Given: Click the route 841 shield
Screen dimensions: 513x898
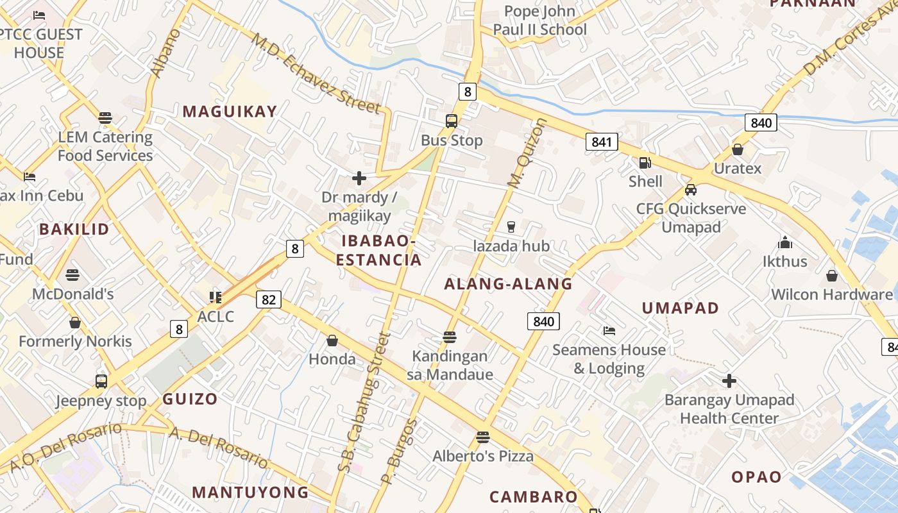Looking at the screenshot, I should [602, 142].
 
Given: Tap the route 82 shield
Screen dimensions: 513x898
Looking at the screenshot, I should [269, 299].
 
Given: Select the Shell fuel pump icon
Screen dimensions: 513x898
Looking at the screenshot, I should [645, 163].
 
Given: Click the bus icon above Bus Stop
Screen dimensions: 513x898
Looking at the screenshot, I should [452, 121].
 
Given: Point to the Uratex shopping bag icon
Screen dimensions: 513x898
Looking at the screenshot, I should [738, 149].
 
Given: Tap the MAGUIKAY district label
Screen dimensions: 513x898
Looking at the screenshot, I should [230, 112].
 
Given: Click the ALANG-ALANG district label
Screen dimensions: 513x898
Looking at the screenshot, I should [508, 284].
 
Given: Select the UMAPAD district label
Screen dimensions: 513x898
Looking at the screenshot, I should [681, 308].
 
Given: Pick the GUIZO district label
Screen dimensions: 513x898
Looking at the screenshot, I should [190, 399].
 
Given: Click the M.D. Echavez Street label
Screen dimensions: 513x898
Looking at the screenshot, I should [316, 72].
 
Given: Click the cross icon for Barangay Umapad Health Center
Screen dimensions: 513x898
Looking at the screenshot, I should [729, 381].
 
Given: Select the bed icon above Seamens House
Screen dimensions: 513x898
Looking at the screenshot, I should [609, 331].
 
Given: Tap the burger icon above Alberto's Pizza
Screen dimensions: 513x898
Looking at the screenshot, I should [483, 437].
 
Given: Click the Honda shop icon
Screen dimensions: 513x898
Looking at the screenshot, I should [332, 341].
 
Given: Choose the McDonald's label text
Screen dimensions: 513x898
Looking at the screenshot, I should [73, 294].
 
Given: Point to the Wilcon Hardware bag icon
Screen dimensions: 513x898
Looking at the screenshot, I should [832, 276].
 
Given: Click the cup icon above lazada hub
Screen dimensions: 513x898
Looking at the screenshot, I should [511, 226].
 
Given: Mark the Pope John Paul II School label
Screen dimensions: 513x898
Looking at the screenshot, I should [539, 21].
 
